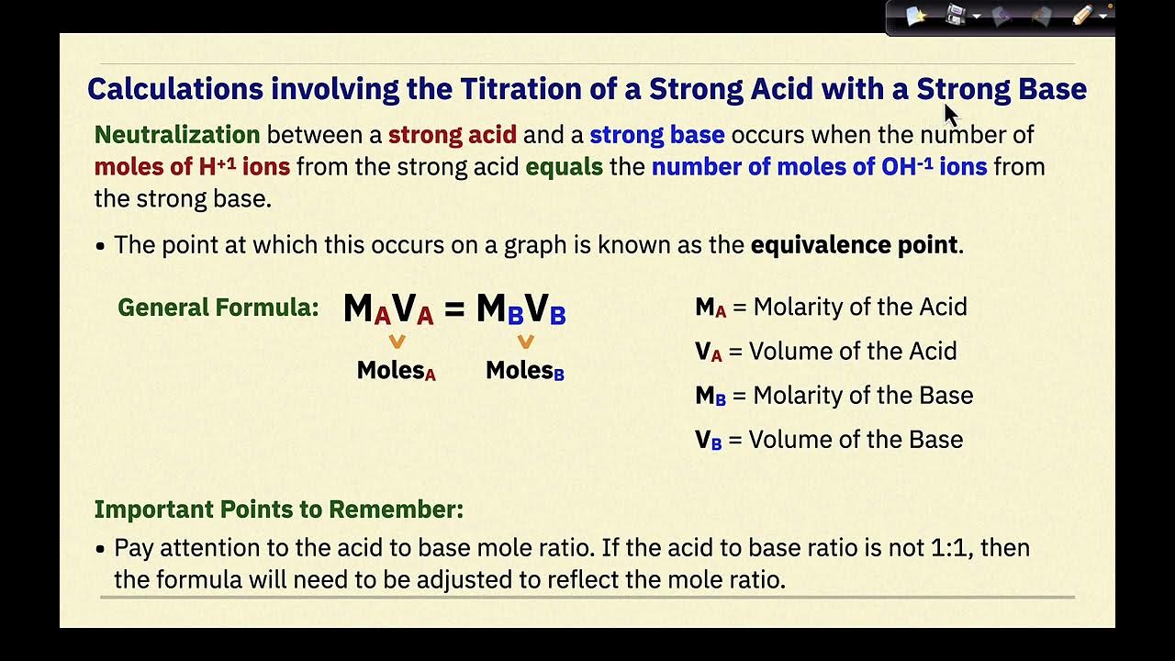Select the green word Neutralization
click(177, 135)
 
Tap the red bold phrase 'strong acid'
click(452, 135)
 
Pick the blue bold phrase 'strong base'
click(656, 135)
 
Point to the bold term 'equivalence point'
click(854, 245)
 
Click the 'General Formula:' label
click(218, 308)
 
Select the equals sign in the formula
click(453, 309)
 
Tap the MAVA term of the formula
click(387, 309)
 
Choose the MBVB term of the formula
click(520, 309)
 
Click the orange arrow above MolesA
click(397, 342)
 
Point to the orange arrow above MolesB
click(525, 342)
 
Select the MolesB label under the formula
click(524, 370)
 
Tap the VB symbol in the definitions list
click(708, 440)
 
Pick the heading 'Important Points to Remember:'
click(278, 509)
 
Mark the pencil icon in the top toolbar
click(1082, 16)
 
